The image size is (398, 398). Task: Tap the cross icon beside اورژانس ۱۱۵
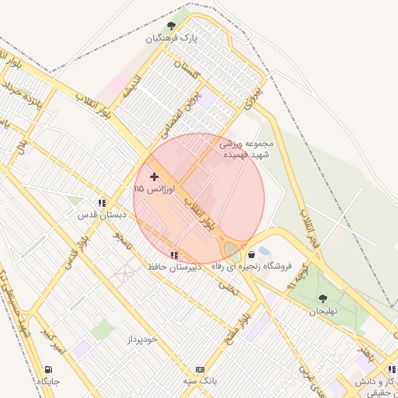coord(154,177)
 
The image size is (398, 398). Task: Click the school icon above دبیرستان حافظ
coord(174,254)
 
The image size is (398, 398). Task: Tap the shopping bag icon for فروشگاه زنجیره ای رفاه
coord(251,254)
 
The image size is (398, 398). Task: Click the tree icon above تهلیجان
coord(323,298)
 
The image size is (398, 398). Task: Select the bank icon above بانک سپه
coord(201,369)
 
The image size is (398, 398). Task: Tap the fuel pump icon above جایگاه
coord(49,369)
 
